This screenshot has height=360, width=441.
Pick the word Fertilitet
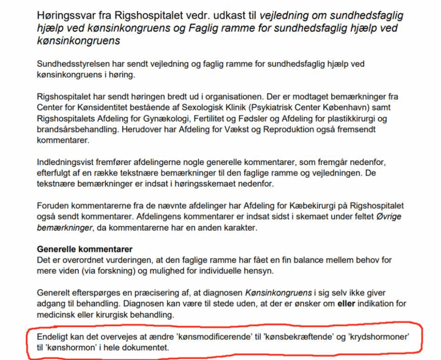(x=208, y=118)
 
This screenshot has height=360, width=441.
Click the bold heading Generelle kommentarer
(x=85, y=250)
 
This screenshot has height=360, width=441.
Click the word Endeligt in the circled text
(x=52, y=336)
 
